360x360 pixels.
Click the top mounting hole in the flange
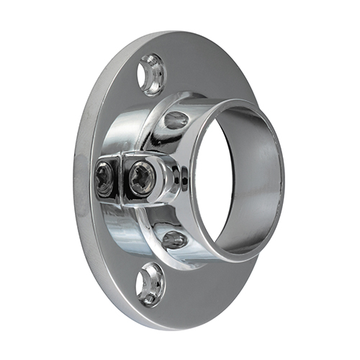(x=151, y=74)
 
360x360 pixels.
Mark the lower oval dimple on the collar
(x=174, y=239)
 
